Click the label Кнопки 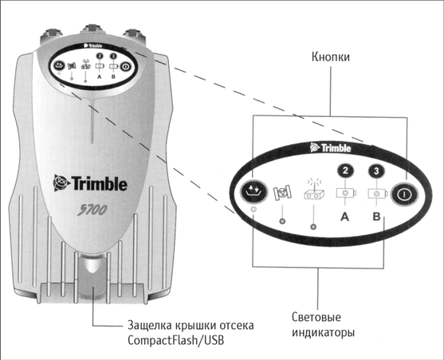331,57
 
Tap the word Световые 316,317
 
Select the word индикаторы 323,332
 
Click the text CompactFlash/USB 175,340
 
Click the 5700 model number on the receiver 92,210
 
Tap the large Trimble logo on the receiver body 90,183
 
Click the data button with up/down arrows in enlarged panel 253,191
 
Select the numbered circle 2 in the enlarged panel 345,170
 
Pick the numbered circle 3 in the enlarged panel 376,171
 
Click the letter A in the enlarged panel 344,217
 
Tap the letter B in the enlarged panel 376,217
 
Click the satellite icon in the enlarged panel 282,193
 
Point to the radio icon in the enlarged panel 314,189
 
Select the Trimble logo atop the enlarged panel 331,147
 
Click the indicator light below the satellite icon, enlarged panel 282,221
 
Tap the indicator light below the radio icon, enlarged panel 313,227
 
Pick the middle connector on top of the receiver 92,32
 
